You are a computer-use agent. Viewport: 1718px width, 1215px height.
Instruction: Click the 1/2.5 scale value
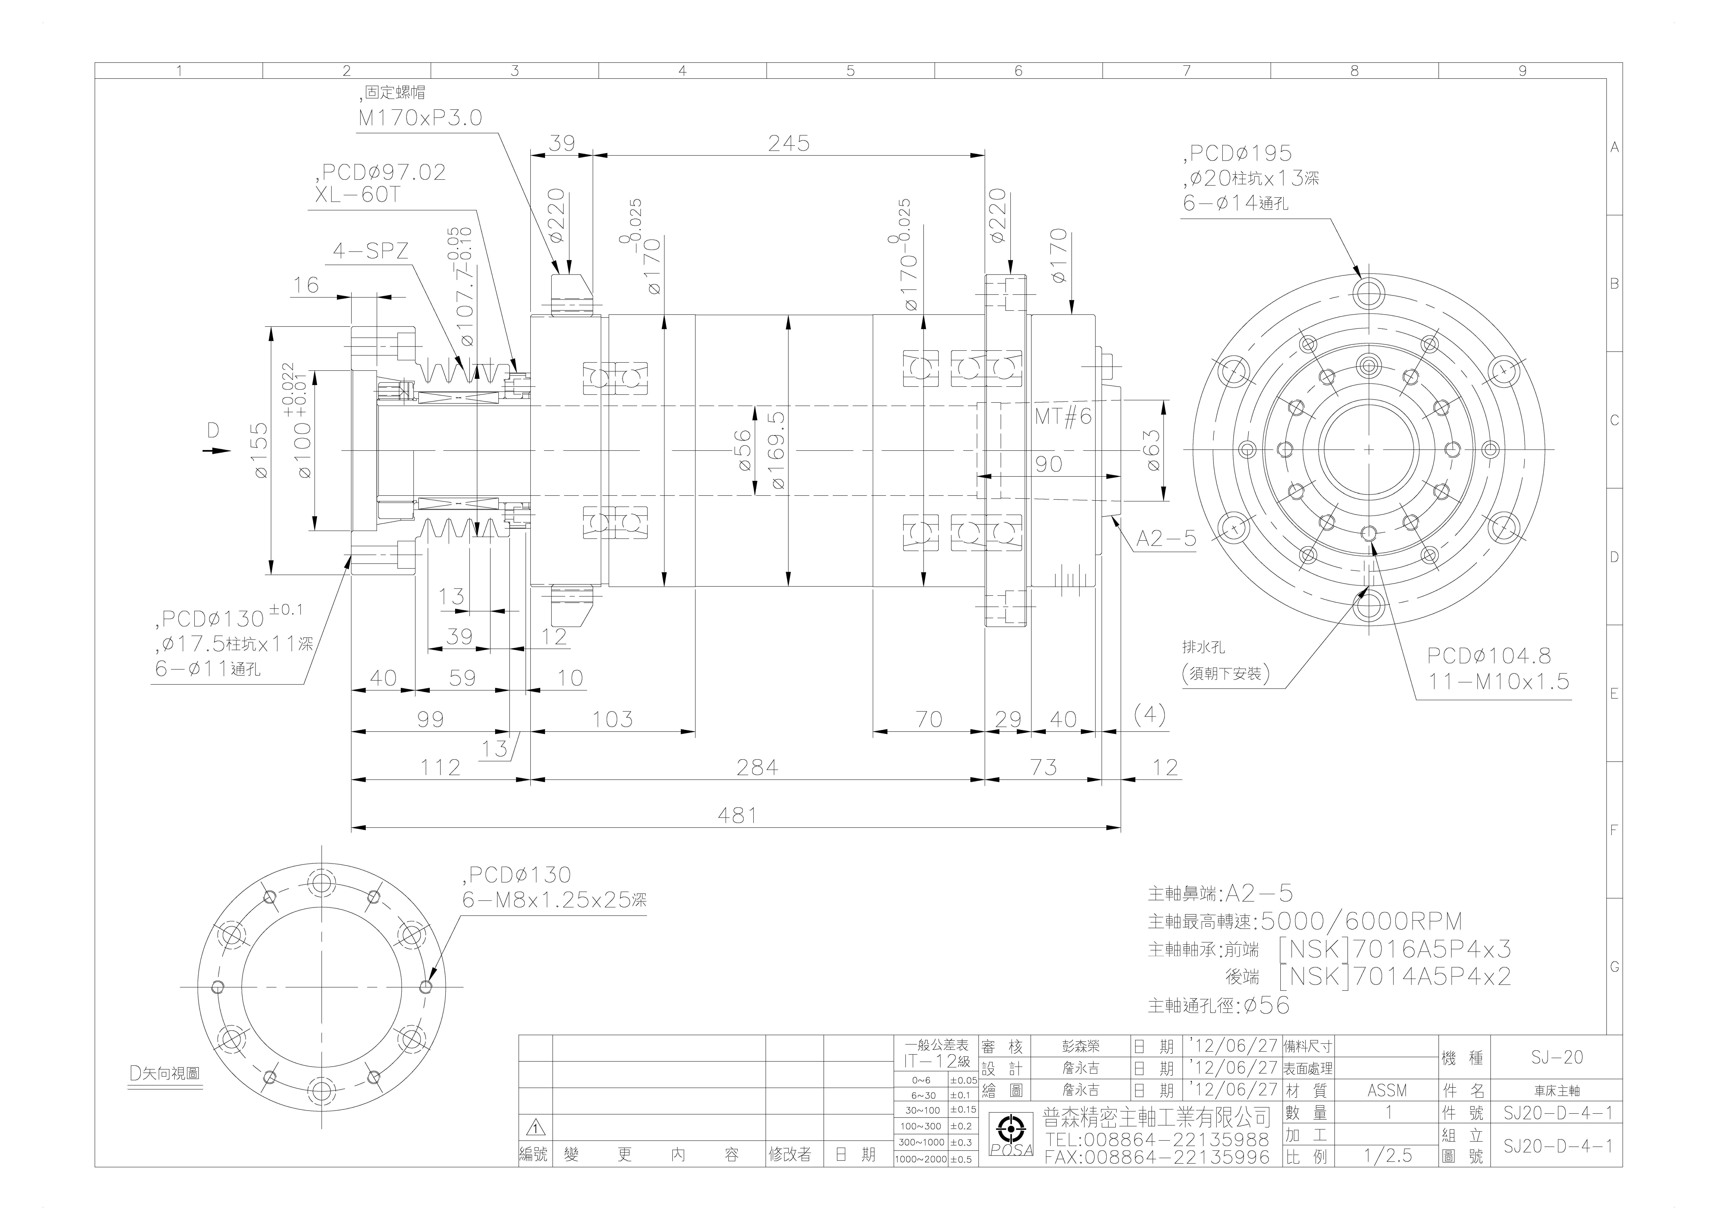(x=1388, y=1156)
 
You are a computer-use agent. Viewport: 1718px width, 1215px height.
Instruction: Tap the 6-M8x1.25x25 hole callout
(x=554, y=900)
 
